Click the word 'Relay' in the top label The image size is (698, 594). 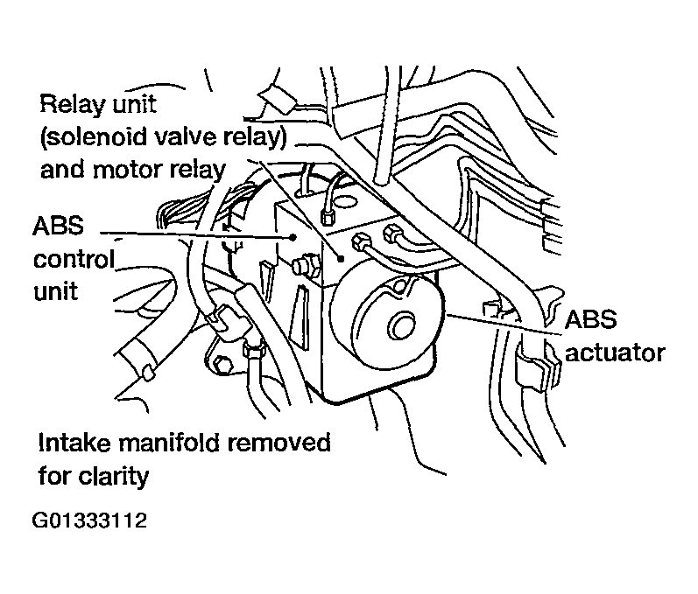coord(67,106)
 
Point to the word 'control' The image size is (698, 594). coord(74,259)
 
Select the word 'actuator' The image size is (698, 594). coord(615,352)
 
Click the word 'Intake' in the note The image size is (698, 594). coord(72,443)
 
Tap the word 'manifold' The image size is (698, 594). coord(176,443)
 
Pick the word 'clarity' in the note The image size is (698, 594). coord(118,477)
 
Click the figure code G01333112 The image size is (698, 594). coord(89,522)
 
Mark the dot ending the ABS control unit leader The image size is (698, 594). coord(292,235)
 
